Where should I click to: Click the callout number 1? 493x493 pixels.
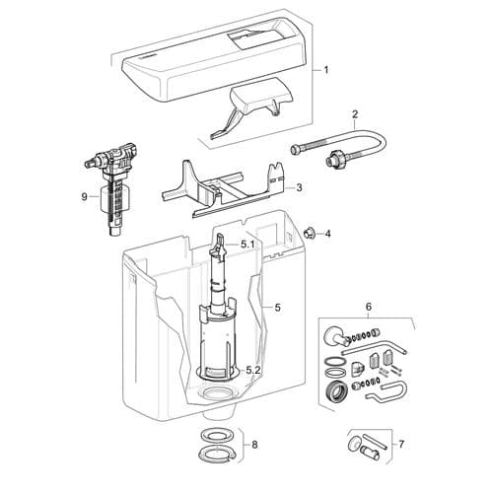[327, 72]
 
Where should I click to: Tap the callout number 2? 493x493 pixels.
[354, 114]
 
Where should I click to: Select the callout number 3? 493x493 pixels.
[299, 186]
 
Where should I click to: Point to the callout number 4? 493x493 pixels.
[328, 234]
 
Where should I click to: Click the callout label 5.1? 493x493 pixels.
[247, 243]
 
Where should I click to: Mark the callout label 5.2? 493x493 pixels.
[252, 370]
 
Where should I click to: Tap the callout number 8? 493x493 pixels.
[254, 445]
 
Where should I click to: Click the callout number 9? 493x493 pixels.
[85, 196]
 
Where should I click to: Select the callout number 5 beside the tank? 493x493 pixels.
[277, 308]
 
